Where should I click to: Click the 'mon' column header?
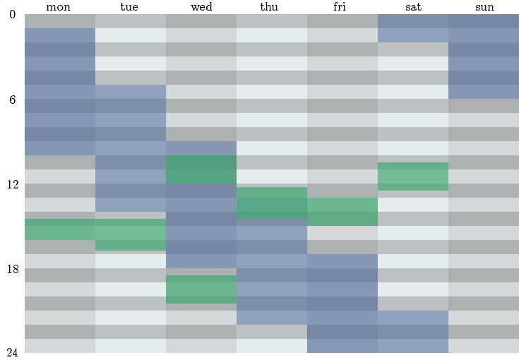pyautogui.click(x=59, y=7)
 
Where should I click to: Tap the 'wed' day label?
pyautogui.click(x=201, y=7)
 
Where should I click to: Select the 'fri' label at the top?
pyautogui.click(x=342, y=7)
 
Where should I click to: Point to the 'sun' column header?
pyautogui.click(x=484, y=7)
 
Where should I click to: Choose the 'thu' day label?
pyautogui.click(x=272, y=7)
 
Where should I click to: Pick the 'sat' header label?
pyautogui.click(x=413, y=7)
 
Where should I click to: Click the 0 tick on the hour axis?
pyautogui.click(x=12, y=15)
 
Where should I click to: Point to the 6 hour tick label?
pyautogui.click(x=12, y=100)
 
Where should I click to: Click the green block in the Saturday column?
pyautogui.click(x=413, y=176)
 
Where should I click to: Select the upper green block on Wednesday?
pyautogui.click(x=201, y=169)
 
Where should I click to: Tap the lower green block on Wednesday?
pyautogui.click(x=201, y=289)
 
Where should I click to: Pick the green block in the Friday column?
pyautogui.click(x=342, y=212)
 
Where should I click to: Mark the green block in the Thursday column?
pyautogui.click(x=272, y=203)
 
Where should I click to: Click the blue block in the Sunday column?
pyautogui.click(x=484, y=56)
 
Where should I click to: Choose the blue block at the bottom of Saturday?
pyautogui.click(x=413, y=332)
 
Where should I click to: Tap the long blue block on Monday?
pyautogui.click(x=59, y=92)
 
